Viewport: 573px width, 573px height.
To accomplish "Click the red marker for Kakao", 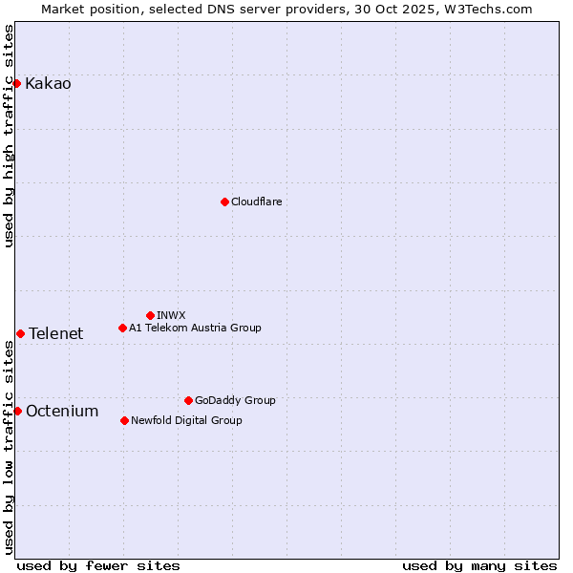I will [16, 83].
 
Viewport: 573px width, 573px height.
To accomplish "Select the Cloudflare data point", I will [224, 202].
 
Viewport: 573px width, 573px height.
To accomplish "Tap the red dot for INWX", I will [150, 315].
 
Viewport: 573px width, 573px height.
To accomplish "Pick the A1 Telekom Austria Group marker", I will [122, 328].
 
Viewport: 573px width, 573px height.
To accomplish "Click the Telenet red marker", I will [20, 333].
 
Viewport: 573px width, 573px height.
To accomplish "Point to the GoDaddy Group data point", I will [188, 400].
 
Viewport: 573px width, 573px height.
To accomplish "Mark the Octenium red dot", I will [17, 411].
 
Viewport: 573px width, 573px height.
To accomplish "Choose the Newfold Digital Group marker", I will [124, 420].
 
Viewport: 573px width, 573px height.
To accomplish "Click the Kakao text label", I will [48, 84].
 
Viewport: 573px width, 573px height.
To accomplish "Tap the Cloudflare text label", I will [256, 202].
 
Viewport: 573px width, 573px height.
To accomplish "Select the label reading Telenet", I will [55, 334].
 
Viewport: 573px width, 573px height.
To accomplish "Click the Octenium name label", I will [62, 412].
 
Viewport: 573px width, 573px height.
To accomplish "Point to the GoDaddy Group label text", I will [235, 401].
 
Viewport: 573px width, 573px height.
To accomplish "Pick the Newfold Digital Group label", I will [186, 421].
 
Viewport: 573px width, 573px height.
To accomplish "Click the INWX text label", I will [171, 316].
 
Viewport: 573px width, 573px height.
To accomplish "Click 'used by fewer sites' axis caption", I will [98, 566].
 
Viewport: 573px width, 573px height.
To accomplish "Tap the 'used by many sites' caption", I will [479, 566].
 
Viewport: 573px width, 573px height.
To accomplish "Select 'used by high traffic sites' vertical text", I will [10, 136].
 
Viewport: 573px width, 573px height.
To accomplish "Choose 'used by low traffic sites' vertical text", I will [10, 446].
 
